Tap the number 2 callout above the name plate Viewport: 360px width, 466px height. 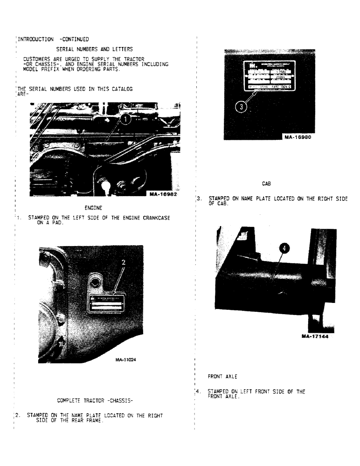(124, 263)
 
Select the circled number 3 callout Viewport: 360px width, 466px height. (242, 107)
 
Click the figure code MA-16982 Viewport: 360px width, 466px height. (163, 194)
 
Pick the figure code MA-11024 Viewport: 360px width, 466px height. (123, 359)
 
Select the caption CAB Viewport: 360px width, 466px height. (267, 184)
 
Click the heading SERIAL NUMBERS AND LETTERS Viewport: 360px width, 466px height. (94, 49)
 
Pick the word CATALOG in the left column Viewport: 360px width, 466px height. (119, 88)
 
